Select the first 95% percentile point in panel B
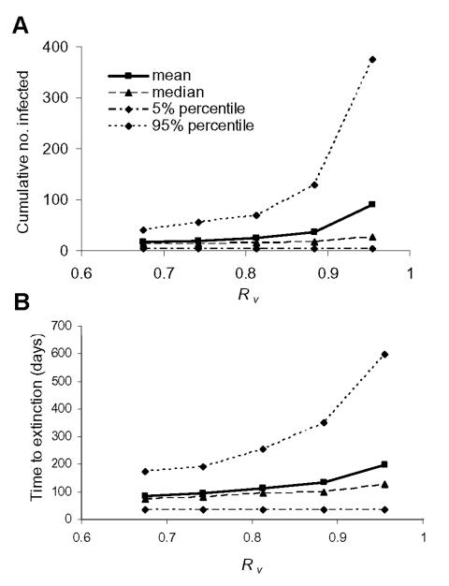click(145, 471)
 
